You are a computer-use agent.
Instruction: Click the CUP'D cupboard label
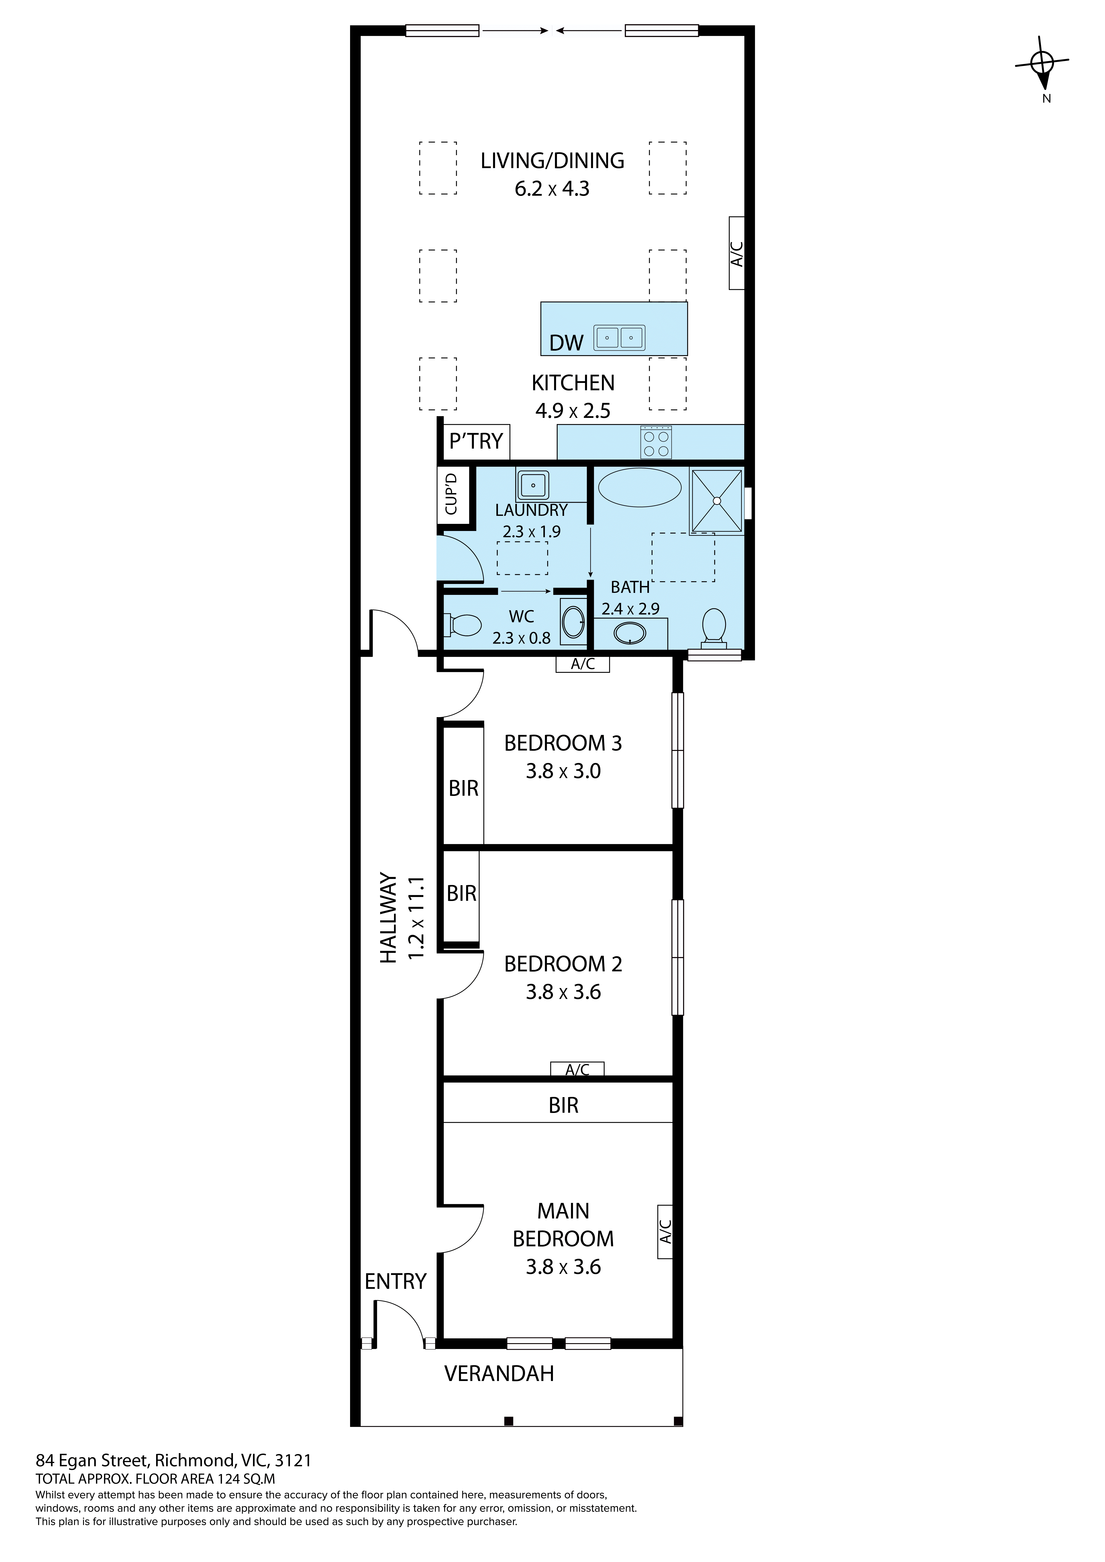pos(451,495)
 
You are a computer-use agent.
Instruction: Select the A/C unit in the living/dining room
pos(736,253)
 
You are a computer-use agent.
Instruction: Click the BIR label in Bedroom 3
pos(463,789)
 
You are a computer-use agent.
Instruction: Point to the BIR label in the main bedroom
pos(563,1105)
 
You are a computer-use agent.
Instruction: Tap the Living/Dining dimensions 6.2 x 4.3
pos(552,188)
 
